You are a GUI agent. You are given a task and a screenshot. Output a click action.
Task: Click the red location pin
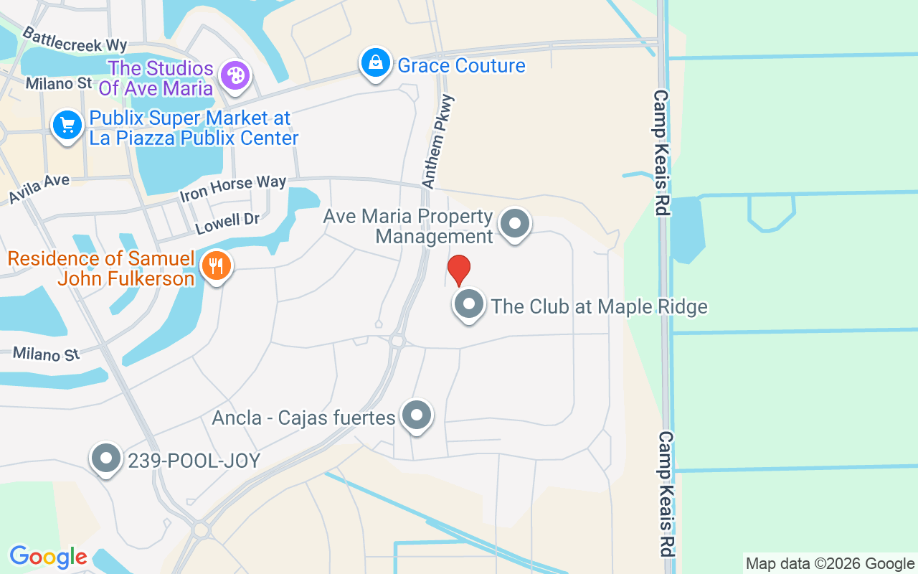459,269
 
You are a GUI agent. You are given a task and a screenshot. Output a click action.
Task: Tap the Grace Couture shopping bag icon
375,64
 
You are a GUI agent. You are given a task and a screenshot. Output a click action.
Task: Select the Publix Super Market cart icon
67,126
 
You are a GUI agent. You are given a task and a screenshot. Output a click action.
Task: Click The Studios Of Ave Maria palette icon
235,75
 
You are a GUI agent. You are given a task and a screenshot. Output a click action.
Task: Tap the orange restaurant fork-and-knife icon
215,266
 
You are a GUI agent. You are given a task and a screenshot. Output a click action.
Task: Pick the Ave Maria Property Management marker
514,224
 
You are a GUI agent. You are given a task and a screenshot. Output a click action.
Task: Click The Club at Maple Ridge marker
469,304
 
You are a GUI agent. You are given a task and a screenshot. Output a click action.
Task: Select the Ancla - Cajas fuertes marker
417,415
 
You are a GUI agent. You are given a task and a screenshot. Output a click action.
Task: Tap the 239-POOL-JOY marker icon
107,458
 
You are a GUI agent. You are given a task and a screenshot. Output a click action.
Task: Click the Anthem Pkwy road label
439,142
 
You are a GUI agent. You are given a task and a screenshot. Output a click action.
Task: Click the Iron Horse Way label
233,188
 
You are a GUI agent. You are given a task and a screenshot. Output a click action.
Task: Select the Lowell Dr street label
227,223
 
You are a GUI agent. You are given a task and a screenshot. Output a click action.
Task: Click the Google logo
48,557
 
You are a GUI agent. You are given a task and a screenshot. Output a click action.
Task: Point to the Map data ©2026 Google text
830,564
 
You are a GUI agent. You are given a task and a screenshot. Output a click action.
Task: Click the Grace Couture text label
461,66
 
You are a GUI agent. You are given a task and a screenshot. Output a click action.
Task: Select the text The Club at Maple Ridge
599,306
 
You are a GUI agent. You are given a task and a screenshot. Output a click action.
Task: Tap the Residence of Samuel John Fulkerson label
102,268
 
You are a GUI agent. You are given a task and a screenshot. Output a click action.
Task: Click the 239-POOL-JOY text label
194,461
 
